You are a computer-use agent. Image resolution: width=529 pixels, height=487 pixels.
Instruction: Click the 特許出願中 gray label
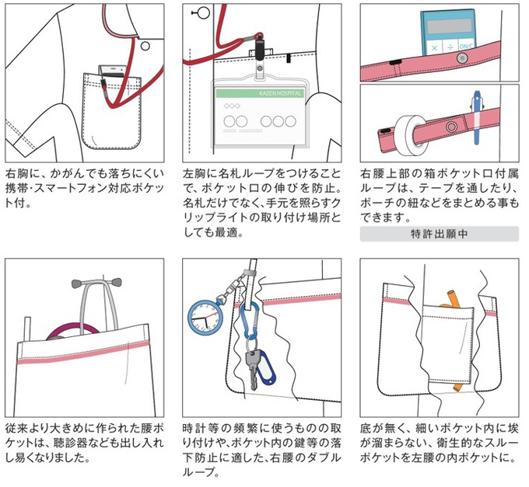click(438, 232)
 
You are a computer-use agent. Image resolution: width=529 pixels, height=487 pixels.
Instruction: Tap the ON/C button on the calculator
click(466, 46)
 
